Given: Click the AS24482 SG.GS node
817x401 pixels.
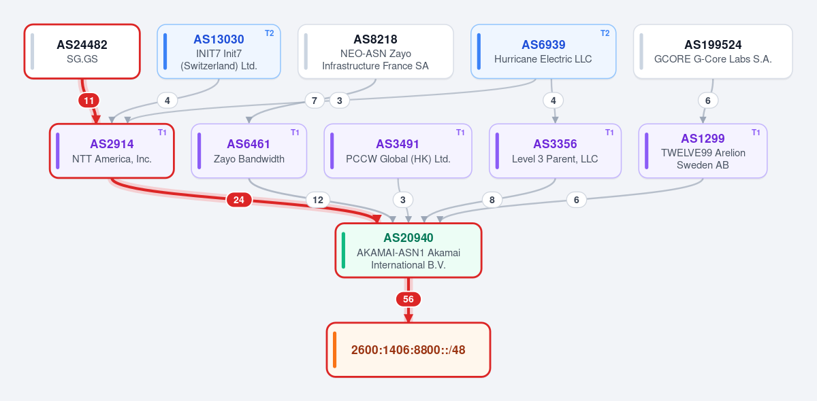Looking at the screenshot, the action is [x=82, y=52].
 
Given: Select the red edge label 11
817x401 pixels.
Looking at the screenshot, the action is [x=89, y=101].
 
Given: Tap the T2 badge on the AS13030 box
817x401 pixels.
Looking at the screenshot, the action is [x=269, y=33].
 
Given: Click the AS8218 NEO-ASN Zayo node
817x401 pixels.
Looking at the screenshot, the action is [x=376, y=52].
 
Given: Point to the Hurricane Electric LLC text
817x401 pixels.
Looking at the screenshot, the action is [x=543, y=59].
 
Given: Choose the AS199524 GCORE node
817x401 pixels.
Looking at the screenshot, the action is [x=713, y=52].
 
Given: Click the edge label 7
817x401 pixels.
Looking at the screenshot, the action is [x=315, y=101].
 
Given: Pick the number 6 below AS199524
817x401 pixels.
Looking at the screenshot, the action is [x=708, y=101].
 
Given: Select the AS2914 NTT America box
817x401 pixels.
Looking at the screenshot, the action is [x=112, y=151].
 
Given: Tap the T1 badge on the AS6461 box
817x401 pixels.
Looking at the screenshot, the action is [x=295, y=133].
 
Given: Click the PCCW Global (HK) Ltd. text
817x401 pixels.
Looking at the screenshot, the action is [x=398, y=159].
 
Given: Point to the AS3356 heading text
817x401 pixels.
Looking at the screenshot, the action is [x=555, y=144].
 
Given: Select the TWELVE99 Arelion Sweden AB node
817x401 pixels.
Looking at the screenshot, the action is [x=703, y=151].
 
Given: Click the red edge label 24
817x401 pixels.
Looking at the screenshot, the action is [x=239, y=200].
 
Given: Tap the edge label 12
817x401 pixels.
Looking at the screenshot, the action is [x=318, y=200].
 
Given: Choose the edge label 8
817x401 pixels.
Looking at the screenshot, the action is [x=492, y=200].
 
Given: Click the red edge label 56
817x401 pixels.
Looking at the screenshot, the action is [x=408, y=299].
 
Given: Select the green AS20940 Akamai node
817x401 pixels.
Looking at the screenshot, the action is [x=408, y=251].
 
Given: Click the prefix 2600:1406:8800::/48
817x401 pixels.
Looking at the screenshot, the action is [x=408, y=349].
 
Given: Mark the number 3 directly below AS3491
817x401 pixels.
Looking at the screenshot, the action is [x=403, y=200].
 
